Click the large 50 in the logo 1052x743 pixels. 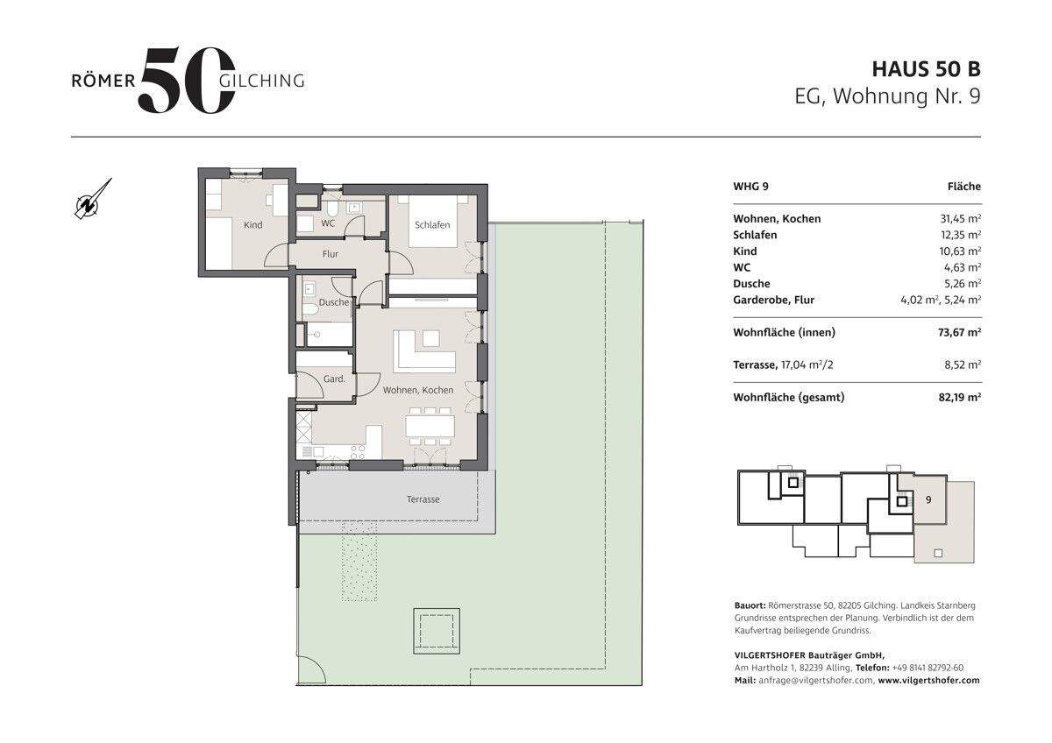pyautogui.click(x=187, y=80)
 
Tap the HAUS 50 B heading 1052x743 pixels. pyautogui.click(x=926, y=69)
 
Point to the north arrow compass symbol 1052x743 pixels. pyautogui.click(x=93, y=199)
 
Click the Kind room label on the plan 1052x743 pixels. pyautogui.click(x=252, y=225)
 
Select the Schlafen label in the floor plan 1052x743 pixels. pyautogui.click(x=432, y=225)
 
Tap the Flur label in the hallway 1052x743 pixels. pyautogui.click(x=331, y=254)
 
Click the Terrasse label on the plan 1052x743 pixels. pyautogui.click(x=423, y=499)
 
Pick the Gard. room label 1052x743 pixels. pyautogui.click(x=334, y=379)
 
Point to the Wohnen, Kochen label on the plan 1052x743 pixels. pyautogui.click(x=418, y=390)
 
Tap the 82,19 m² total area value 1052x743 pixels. pyautogui.click(x=959, y=397)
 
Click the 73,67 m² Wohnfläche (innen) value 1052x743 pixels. pyautogui.click(x=959, y=332)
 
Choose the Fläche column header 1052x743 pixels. pyautogui.click(x=964, y=187)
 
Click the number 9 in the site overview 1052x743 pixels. pyautogui.click(x=928, y=500)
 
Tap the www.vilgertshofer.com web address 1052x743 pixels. pyautogui.click(x=929, y=680)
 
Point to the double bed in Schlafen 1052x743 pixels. pyautogui.click(x=432, y=221)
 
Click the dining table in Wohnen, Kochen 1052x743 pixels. pyautogui.click(x=430, y=426)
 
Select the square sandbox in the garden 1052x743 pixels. pyautogui.click(x=437, y=632)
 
